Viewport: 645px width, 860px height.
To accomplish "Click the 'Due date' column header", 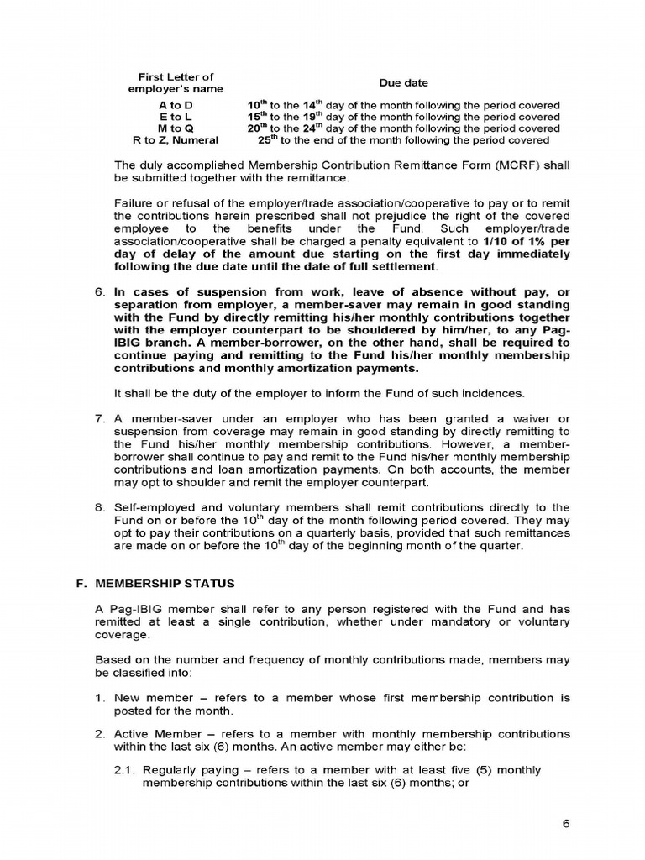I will (403, 83).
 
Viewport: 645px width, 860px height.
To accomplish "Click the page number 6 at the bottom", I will (567, 823).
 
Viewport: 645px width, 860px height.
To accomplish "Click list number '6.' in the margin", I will (98, 292).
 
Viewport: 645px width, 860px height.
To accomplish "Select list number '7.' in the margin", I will (98, 419).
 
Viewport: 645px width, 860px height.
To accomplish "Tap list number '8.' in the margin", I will (98, 507).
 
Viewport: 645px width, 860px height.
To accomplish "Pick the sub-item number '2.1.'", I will (125, 770).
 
